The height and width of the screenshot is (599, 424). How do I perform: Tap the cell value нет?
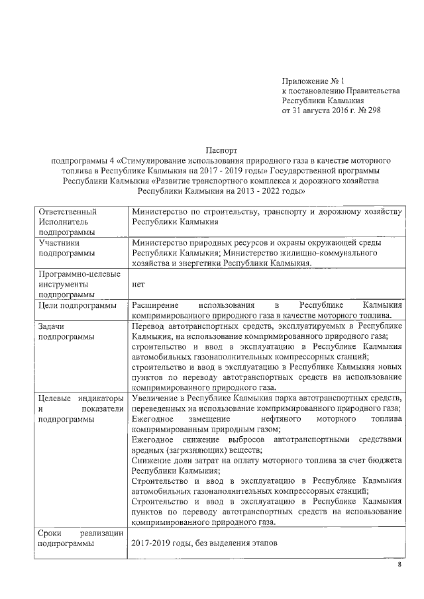pyautogui.click(x=138, y=283)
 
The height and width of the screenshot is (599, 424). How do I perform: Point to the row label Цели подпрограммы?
pyautogui.click(x=78, y=305)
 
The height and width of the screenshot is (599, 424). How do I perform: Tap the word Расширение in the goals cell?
pyautogui.click(x=154, y=305)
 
